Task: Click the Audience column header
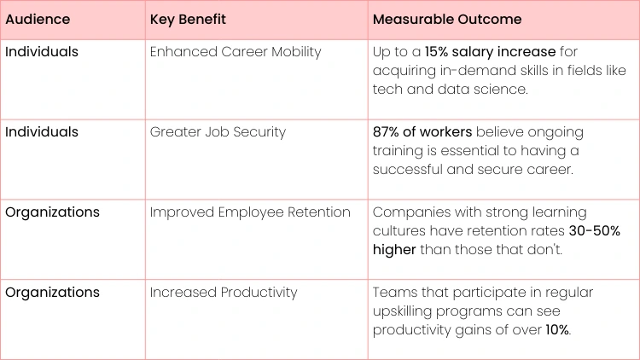coord(38,19)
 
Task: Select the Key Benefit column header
coord(187,19)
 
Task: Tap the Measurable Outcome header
coord(446,19)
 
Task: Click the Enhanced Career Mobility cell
coord(236,52)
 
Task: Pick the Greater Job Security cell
coord(218,132)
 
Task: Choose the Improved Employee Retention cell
coord(250,212)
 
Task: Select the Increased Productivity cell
coord(224,293)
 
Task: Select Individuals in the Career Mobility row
coord(42,52)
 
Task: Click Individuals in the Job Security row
coord(42,132)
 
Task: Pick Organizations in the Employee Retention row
coord(52,212)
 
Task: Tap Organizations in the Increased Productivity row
coord(52,293)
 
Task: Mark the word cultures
coord(400,231)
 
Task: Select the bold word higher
coord(394,250)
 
